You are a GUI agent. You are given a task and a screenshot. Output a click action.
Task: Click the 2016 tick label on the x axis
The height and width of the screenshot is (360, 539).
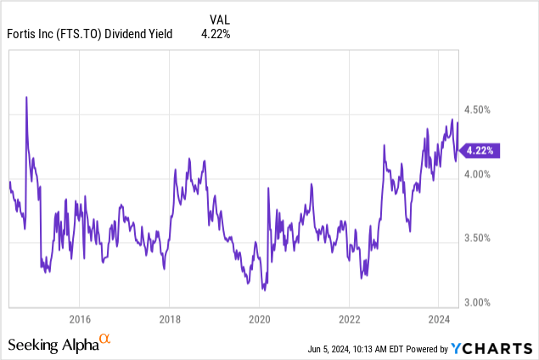point(79,319)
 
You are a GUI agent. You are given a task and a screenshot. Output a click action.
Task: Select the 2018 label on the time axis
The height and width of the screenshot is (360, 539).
point(169,319)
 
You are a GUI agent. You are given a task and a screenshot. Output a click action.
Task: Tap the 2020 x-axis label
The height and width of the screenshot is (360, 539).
point(259,319)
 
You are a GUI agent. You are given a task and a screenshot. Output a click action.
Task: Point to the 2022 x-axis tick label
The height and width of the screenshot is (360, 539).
point(349,319)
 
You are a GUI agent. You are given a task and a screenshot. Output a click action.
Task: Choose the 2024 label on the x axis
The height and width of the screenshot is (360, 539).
point(438,319)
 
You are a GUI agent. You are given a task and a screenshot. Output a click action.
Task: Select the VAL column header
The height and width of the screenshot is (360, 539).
point(219,17)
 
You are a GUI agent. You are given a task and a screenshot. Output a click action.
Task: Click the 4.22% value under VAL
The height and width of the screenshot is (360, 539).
point(215,34)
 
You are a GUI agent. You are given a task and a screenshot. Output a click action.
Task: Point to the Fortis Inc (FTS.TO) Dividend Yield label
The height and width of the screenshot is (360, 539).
point(89,34)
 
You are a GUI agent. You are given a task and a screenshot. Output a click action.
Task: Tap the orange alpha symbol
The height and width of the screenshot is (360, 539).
point(105,339)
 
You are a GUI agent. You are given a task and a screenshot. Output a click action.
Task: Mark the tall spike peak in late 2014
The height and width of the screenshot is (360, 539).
point(26,98)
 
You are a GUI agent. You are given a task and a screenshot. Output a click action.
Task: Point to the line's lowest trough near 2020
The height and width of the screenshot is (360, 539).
point(265,290)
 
